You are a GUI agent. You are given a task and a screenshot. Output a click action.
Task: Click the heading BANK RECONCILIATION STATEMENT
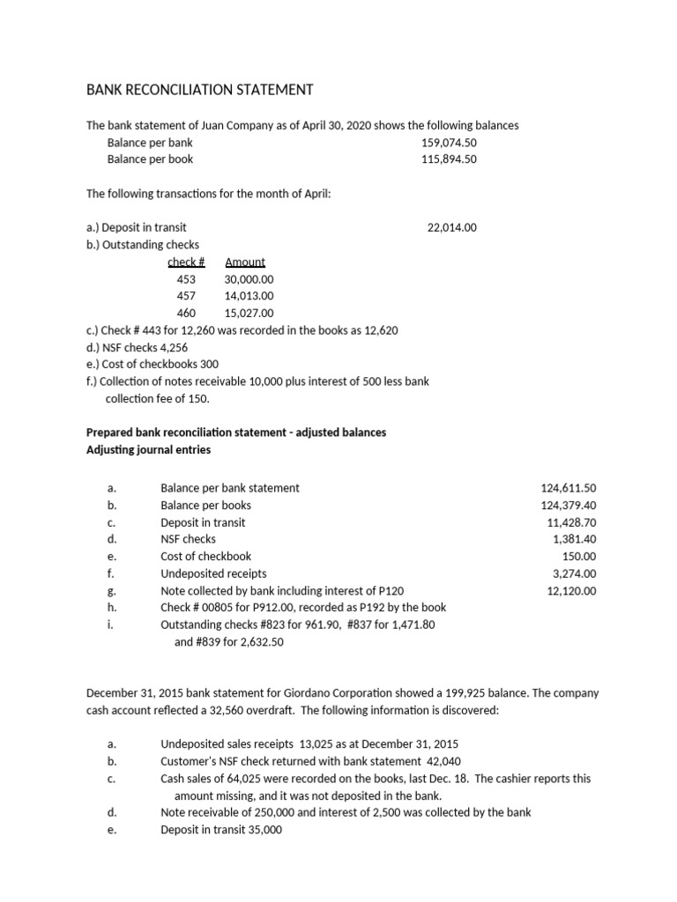pyautogui.click(x=198, y=90)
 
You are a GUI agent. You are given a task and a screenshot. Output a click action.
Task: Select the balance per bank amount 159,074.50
pyautogui.click(x=449, y=143)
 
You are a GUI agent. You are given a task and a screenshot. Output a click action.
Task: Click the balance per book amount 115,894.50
pyautogui.click(x=449, y=159)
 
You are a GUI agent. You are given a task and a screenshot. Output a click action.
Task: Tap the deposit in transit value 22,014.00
pyautogui.click(x=451, y=227)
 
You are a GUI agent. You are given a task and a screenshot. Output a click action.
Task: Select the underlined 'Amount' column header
pyautogui.click(x=245, y=262)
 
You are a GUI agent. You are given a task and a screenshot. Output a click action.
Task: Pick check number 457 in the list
pyautogui.click(x=186, y=296)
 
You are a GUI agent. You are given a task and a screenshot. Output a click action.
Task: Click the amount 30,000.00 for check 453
pyautogui.click(x=249, y=279)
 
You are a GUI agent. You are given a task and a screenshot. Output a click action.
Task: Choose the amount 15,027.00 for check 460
pyautogui.click(x=249, y=313)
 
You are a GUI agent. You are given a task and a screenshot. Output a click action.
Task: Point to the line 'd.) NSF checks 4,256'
pyautogui.click(x=137, y=347)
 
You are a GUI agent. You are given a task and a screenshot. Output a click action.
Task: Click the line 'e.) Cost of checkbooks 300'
pyautogui.click(x=153, y=364)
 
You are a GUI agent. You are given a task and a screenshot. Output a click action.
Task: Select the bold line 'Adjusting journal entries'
pyautogui.click(x=148, y=449)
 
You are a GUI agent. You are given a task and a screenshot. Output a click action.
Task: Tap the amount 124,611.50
pyautogui.click(x=568, y=488)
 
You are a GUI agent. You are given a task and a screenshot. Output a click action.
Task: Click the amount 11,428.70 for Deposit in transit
pyautogui.click(x=571, y=522)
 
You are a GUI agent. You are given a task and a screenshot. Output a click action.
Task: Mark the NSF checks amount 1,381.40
pyautogui.click(x=575, y=539)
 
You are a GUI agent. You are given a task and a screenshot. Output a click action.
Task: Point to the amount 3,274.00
pyautogui.click(x=575, y=573)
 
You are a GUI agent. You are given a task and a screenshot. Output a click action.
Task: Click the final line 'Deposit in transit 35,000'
pyautogui.click(x=221, y=830)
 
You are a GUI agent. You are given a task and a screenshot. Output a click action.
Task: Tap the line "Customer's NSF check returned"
pyautogui.click(x=310, y=761)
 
